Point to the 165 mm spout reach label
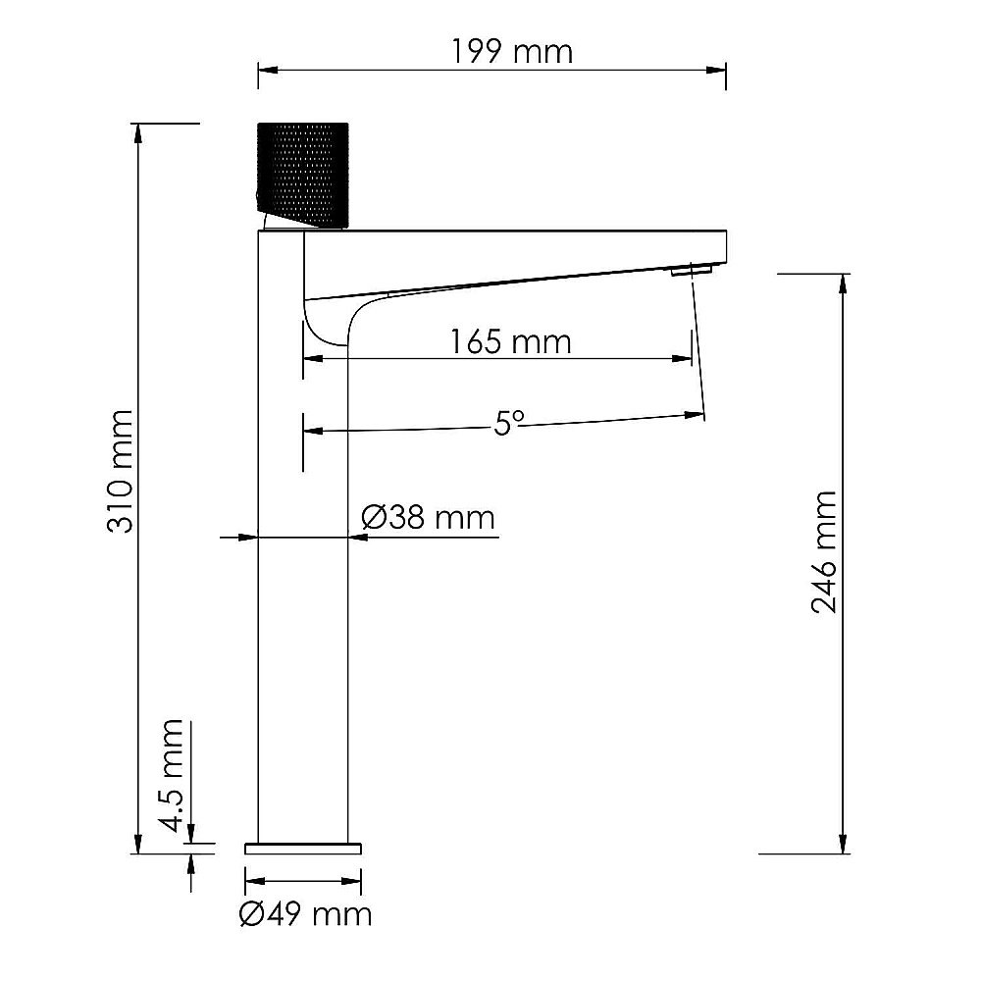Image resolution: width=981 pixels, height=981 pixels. coord(510,341)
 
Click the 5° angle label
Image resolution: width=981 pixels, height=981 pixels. coord(509,423)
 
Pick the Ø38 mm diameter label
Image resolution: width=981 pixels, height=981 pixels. coord(428,516)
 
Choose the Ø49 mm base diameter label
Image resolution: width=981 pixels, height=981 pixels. coord(305,914)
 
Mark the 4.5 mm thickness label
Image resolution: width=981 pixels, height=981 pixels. coord(173,775)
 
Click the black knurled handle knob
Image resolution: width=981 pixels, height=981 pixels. coord(301,175)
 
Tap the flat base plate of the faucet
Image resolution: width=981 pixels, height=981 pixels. coord(303,848)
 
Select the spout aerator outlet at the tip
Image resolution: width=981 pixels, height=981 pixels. coord(690,268)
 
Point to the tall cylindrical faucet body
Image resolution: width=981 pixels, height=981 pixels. coord(303,589)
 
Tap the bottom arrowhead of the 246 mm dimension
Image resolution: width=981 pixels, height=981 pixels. coord(842,846)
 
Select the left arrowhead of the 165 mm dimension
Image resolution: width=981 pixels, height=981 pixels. coord(311,359)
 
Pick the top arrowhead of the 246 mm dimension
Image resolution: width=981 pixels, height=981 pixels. coord(842,281)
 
